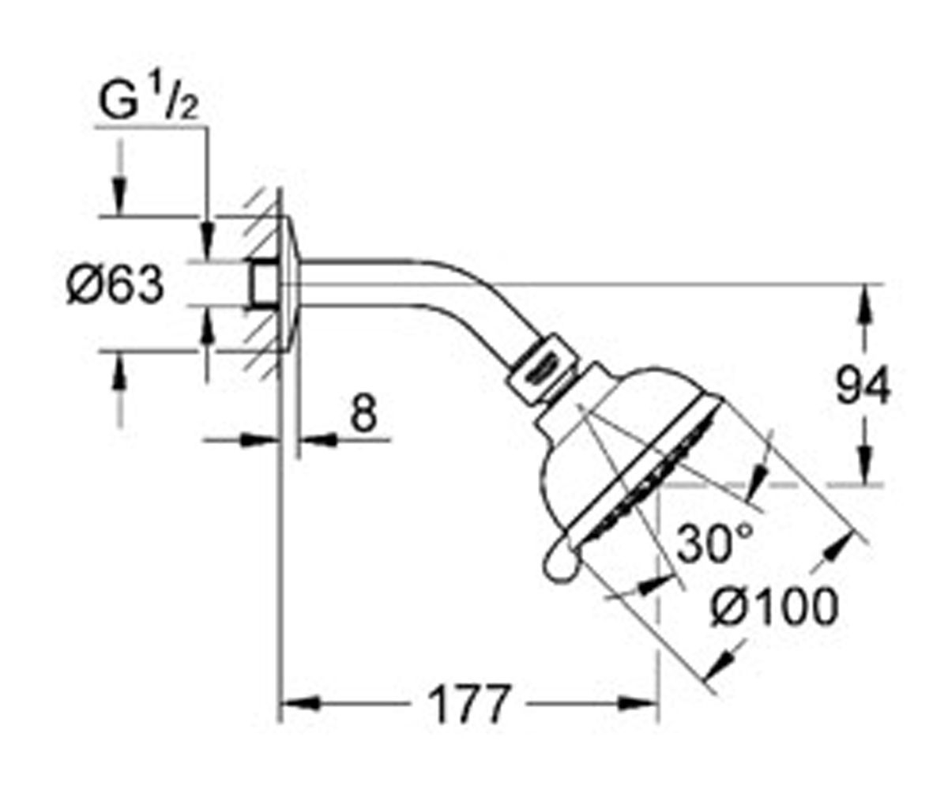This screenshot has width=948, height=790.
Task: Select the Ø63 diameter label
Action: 115,284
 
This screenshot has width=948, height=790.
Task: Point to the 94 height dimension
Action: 863,386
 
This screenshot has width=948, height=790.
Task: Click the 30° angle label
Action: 714,543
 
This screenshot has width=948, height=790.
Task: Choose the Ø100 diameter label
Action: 774,607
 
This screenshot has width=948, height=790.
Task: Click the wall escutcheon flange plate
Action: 291,284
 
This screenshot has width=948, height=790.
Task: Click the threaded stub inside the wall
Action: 264,284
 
